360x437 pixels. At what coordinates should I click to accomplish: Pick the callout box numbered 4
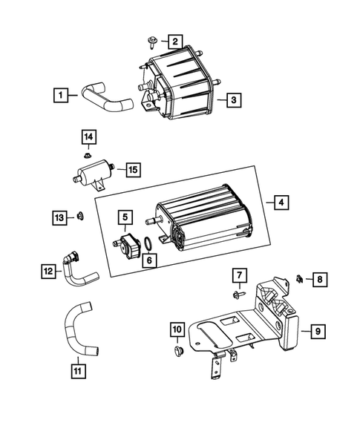281,202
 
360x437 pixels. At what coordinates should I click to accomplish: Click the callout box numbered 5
125,217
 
